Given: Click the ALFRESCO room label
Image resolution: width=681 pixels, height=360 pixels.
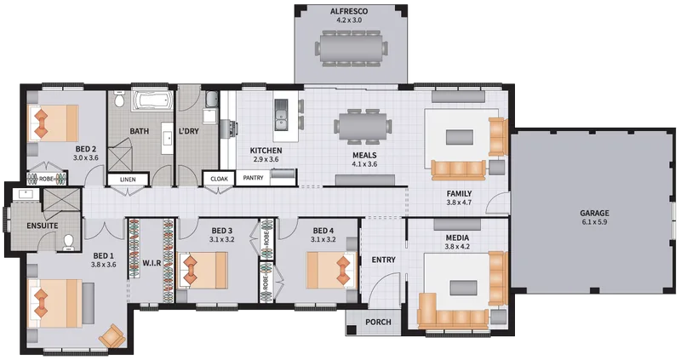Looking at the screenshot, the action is pyautogui.click(x=349, y=11).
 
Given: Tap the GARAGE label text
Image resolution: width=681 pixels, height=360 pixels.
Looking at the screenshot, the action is pyautogui.click(x=594, y=214).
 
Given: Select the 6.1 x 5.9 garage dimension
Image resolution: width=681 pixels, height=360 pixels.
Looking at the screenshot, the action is pyautogui.click(x=594, y=222).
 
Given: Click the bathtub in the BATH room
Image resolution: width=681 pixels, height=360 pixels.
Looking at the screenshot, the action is pyautogui.click(x=152, y=100).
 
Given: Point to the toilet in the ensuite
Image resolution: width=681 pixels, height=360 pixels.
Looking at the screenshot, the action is pyautogui.click(x=69, y=243).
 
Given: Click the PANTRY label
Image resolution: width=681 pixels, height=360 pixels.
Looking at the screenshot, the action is pyautogui.click(x=253, y=178).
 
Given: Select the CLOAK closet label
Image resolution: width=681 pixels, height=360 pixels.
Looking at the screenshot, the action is pyautogui.click(x=219, y=179).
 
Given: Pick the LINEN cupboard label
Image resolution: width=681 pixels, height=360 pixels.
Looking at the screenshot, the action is pyautogui.click(x=128, y=180).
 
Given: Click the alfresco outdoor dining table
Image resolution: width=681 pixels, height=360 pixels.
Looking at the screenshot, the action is pyautogui.click(x=351, y=48).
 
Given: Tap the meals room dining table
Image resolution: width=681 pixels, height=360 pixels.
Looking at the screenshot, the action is pyautogui.click(x=361, y=126).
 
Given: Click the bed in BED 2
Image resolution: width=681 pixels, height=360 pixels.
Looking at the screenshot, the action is pyautogui.click(x=53, y=123).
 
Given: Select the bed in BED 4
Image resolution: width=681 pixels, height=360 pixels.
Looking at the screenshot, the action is pyautogui.click(x=332, y=270).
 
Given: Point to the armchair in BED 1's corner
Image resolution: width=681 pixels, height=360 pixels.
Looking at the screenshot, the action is pyautogui.click(x=112, y=336).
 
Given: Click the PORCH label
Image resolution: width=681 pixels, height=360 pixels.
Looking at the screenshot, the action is pyautogui.click(x=378, y=323).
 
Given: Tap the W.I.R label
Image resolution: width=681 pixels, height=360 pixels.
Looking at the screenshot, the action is pyautogui.click(x=152, y=263).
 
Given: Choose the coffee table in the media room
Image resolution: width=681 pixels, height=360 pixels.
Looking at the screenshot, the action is pyautogui.click(x=463, y=288).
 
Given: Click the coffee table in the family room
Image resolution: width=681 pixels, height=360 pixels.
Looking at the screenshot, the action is pyautogui.click(x=460, y=137).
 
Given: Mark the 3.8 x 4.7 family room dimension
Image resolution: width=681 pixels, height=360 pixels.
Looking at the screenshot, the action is pyautogui.click(x=459, y=202).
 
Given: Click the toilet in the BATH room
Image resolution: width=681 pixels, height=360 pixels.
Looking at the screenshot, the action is pyautogui.click(x=119, y=99).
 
